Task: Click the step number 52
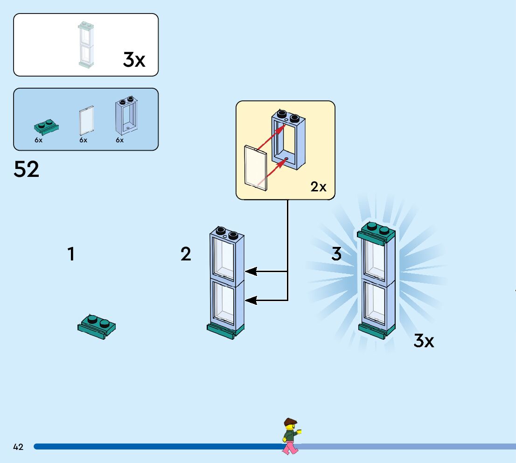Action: click(27, 169)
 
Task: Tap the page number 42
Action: click(18, 447)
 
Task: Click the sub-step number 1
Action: click(71, 254)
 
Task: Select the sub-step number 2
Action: click(186, 254)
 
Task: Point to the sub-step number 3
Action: click(336, 254)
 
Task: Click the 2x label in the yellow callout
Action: click(319, 187)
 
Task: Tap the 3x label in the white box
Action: click(134, 60)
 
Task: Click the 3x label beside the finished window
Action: click(424, 341)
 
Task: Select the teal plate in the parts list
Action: click(46, 126)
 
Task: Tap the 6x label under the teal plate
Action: click(38, 140)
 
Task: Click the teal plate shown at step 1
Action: click(97, 326)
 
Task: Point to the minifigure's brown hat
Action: click(290, 421)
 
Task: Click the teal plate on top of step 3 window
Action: click(377, 232)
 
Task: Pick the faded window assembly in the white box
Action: click(86, 45)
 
